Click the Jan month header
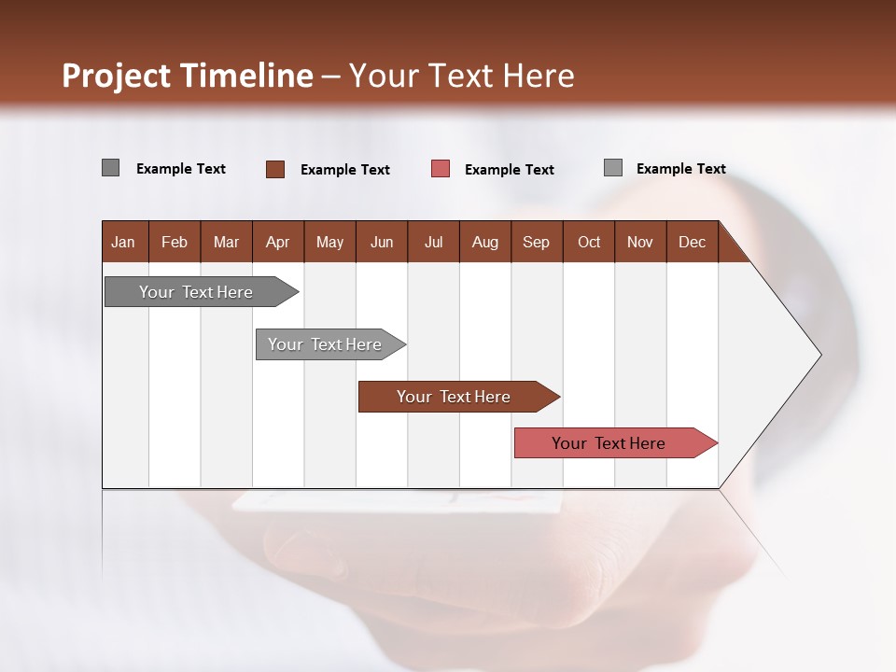(x=123, y=242)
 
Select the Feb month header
(x=175, y=242)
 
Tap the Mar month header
(x=226, y=242)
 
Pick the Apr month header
(x=277, y=242)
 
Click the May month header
(x=329, y=242)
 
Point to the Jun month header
(x=382, y=242)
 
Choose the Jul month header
(x=433, y=242)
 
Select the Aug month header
(x=485, y=242)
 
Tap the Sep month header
(x=537, y=242)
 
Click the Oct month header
(x=589, y=242)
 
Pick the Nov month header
(x=640, y=242)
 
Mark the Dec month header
(x=692, y=242)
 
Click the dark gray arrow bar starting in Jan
(x=196, y=292)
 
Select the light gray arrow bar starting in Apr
(x=325, y=344)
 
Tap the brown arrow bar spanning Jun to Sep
(x=454, y=397)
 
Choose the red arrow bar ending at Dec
(x=609, y=443)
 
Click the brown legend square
(x=275, y=169)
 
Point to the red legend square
(x=441, y=169)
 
